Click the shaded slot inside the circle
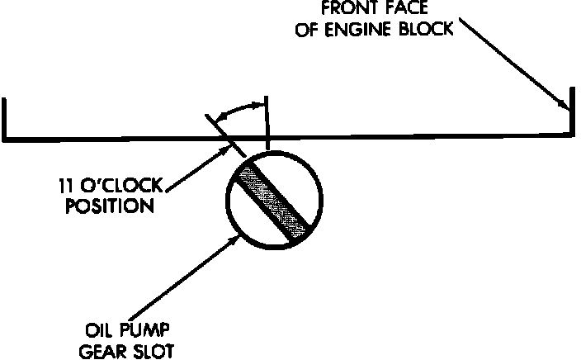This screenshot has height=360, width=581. click(x=272, y=200)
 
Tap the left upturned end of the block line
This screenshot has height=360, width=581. click(x=6, y=116)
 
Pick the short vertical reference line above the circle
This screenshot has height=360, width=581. click(x=267, y=124)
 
